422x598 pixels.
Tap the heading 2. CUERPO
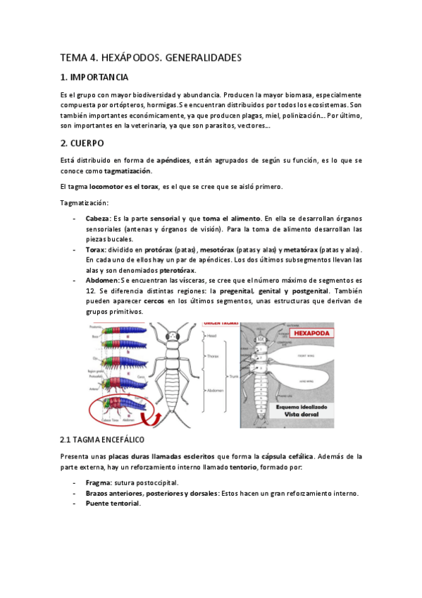(x=82, y=142)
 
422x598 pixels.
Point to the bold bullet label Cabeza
(x=97, y=219)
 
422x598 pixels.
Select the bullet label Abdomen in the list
(x=102, y=280)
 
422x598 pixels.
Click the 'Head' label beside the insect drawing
(x=214, y=337)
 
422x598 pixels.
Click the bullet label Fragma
(x=97, y=483)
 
